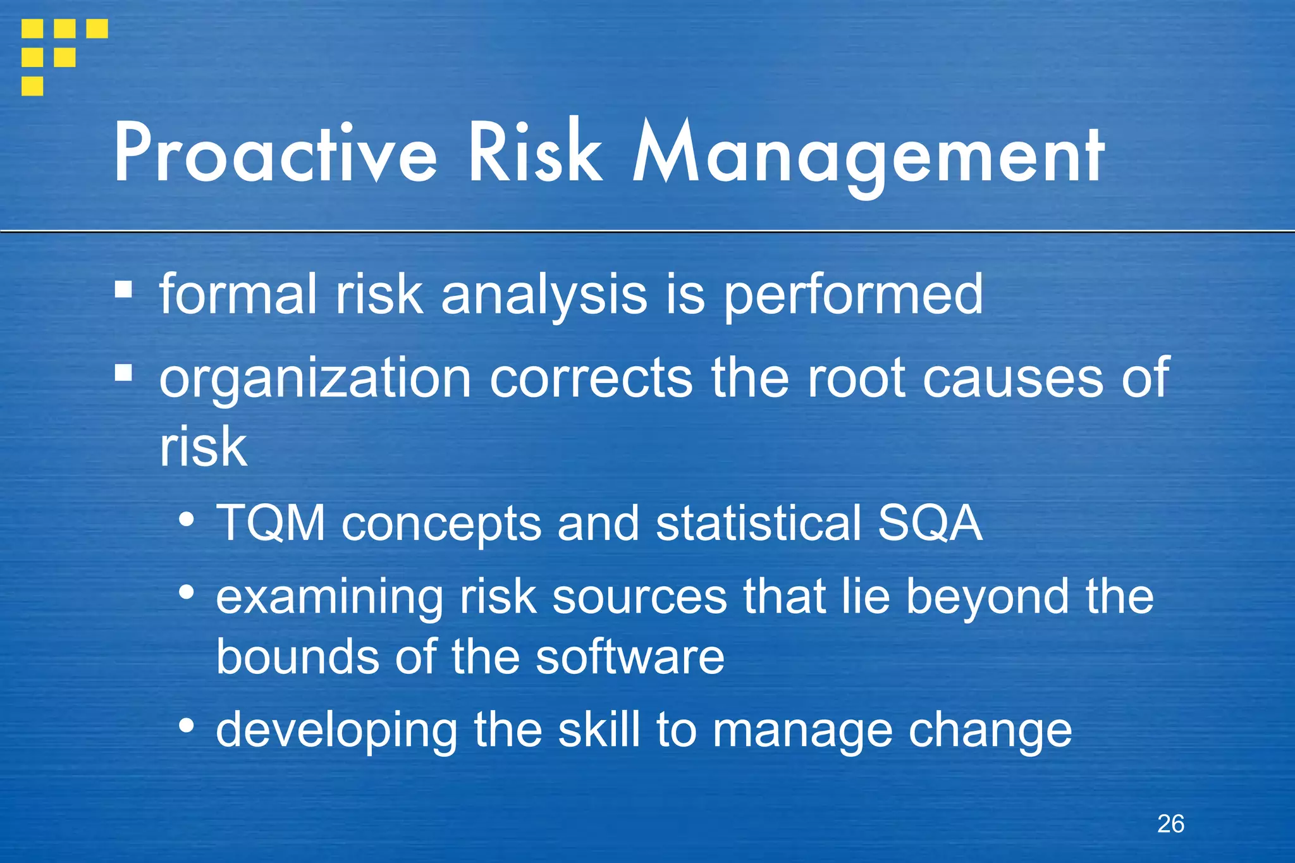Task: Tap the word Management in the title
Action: click(869, 155)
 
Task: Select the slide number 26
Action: click(1170, 824)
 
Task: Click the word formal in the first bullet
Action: click(238, 294)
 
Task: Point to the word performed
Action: click(853, 295)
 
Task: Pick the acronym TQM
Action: click(271, 523)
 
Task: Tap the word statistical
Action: click(758, 523)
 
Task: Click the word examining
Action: click(329, 597)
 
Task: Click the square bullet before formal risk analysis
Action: click(124, 290)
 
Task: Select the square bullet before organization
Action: click(124, 373)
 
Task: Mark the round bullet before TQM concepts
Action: click(186, 519)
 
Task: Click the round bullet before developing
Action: click(186, 725)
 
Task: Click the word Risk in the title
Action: click(535, 154)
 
